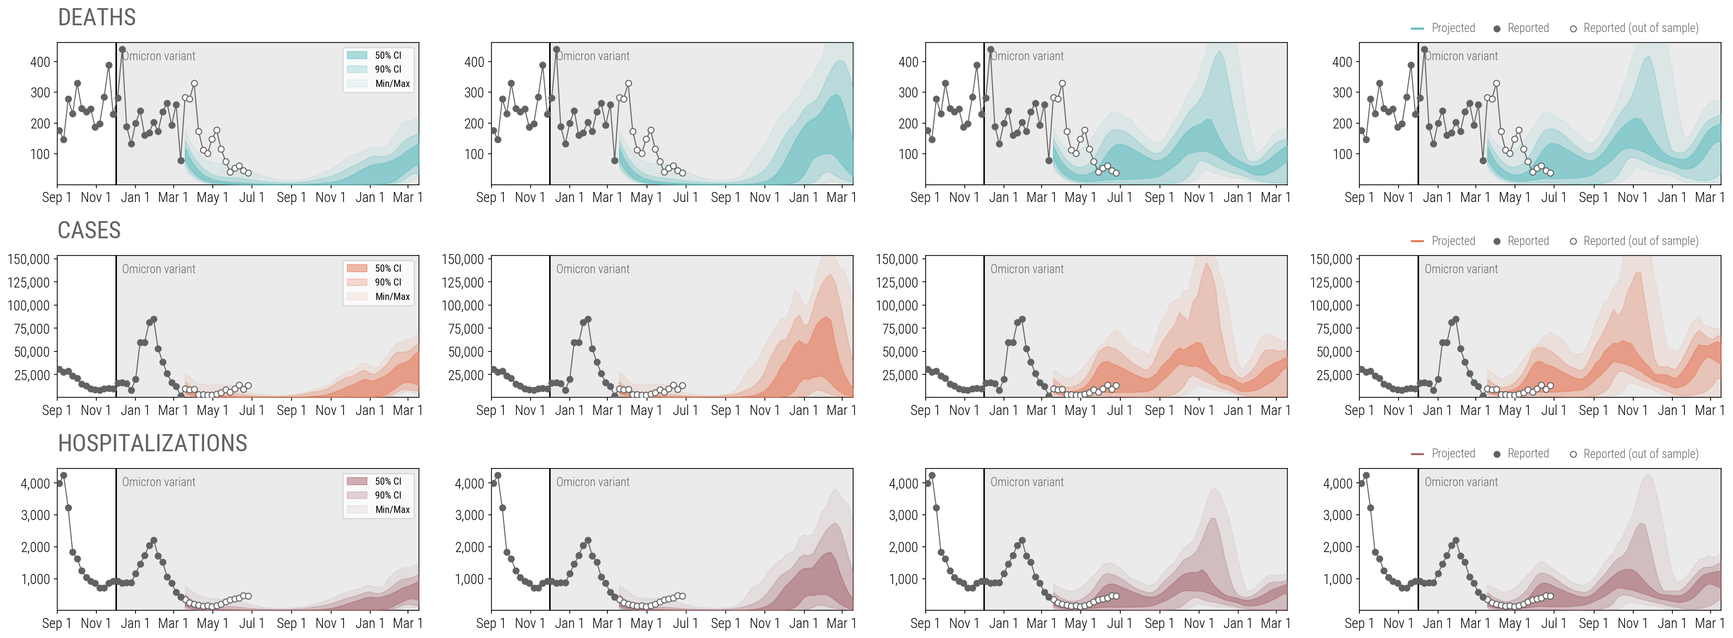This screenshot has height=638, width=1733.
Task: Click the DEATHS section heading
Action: coord(97,18)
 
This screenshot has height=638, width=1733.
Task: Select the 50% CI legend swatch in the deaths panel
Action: coord(356,55)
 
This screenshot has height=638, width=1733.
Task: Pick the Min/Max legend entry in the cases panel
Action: coord(392,296)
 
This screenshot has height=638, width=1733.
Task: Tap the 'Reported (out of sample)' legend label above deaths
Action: coord(1640,28)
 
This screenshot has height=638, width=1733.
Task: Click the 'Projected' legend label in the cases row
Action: coord(1452,241)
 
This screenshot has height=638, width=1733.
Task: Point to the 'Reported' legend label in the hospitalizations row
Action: coord(1528,454)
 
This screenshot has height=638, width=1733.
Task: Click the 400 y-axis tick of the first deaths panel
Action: coord(41,62)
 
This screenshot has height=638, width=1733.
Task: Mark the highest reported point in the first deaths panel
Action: coord(122,49)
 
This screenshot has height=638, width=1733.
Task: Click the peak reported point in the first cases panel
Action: coord(154,319)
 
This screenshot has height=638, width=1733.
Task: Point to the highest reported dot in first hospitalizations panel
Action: coord(63,475)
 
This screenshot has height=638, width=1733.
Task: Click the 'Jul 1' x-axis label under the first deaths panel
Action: coord(251,197)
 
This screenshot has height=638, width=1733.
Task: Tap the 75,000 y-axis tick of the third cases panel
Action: coord(897,329)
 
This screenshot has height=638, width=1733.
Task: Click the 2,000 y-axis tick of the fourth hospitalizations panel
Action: coord(1337,547)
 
